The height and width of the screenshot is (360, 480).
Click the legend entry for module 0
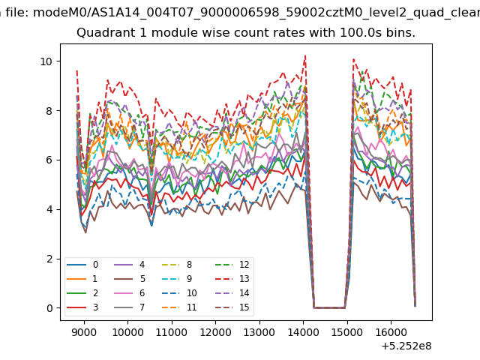(x=82, y=265)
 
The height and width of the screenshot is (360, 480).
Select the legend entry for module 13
(x=232, y=278)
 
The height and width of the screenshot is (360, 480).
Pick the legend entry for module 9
(x=177, y=278)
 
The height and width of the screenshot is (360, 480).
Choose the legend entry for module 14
(x=232, y=293)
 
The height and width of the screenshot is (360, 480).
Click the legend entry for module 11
(x=179, y=307)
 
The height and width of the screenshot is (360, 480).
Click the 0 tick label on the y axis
(x=50, y=308)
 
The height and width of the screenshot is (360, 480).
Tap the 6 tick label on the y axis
(x=49, y=160)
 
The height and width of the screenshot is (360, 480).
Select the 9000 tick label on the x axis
(x=84, y=332)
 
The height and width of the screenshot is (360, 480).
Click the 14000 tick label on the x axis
(x=303, y=332)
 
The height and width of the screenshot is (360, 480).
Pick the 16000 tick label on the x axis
(x=391, y=332)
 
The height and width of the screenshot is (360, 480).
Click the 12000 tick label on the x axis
(x=215, y=332)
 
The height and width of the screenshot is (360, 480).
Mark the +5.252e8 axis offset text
(x=406, y=346)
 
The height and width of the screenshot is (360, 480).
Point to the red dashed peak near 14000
(x=305, y=55)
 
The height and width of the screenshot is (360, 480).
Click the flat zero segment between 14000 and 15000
(x=329, y=308)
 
